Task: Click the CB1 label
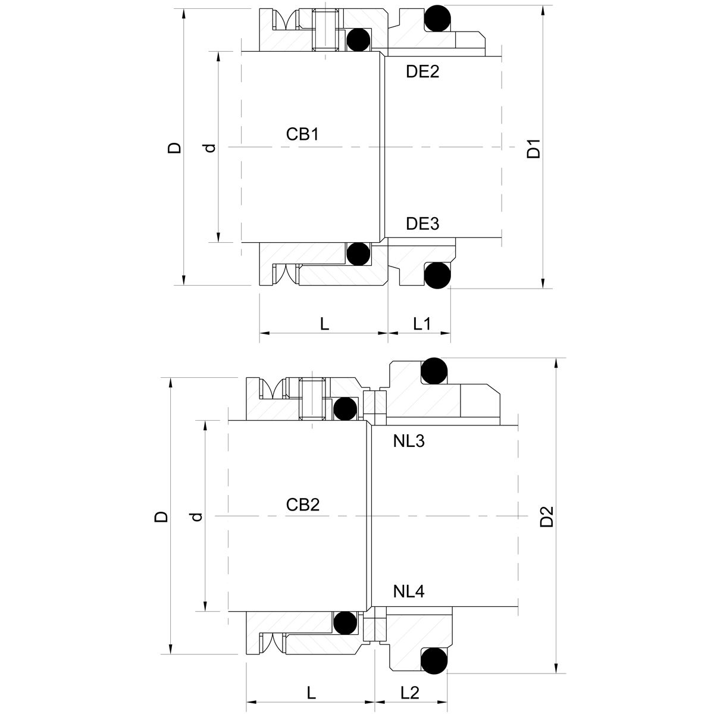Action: tap(302, 134)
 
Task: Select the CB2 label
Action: tap(303, 505)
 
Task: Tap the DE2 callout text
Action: tap(422, 72)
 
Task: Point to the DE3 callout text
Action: tap(422, 224)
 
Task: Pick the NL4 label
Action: tap(409, 592)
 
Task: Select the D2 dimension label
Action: tap(547, 516)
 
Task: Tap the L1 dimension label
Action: tap(422, 324)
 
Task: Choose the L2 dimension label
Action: tap(410, 693)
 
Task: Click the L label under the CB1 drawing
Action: tap(324, 324)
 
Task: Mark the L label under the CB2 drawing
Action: tap(311, 693)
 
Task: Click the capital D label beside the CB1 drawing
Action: tap(174, 148)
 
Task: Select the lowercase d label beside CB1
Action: tap(210, 148)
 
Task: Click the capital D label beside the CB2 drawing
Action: tap(161, 516)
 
